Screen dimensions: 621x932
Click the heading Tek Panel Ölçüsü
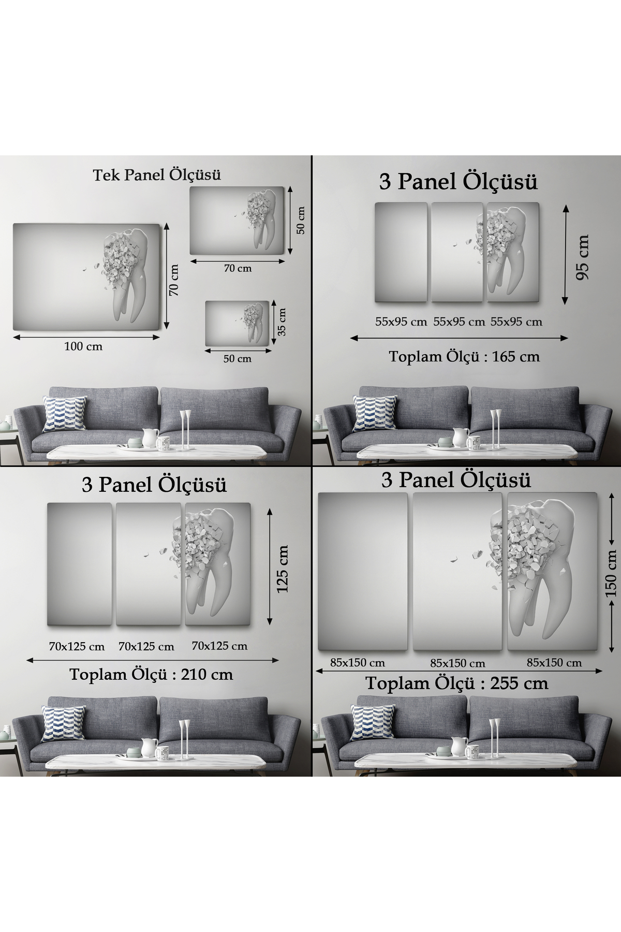pos(157,175)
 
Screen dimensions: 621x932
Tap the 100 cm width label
pos(83,346)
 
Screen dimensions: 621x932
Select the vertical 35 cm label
pos(282,322)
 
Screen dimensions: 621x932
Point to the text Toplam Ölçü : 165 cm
pos(464,357)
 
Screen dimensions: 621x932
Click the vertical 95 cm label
pos(582,257)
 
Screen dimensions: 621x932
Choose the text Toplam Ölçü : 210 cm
pos(151,675)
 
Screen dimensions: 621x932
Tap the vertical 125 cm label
pos(282,569)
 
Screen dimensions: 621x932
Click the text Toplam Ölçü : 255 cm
pos(457,683)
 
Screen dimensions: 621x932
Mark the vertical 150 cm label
pos(611,573)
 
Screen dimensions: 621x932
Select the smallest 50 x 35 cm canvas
pos(238,324)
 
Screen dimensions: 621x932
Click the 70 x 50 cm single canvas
pos(237,221)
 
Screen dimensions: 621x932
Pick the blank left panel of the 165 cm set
pos(401,252)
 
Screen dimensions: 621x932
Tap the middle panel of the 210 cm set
pos(149,564)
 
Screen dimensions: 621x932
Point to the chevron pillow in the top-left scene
pos(64,413)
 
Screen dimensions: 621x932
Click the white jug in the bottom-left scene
pos(149,748)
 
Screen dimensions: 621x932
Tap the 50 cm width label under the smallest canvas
pos(238,359)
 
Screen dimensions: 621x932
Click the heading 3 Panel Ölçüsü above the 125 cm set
pos(154,485)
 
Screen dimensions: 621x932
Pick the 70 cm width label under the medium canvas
pos(238,268)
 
